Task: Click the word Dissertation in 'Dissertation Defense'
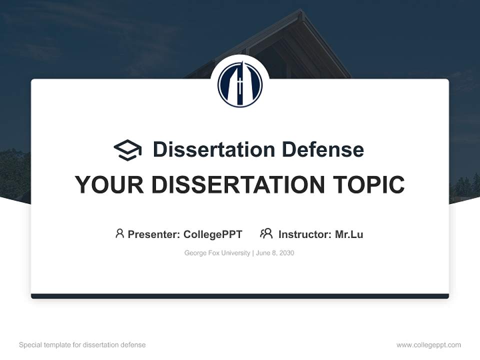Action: coord(214,149)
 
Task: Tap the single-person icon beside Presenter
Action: coord(119,233)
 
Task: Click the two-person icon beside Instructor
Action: coord(266,233)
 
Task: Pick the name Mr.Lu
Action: coord(349,234)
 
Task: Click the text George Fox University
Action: coord(217,253)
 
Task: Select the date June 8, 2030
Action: coord(275,253)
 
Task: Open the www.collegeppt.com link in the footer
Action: coord(428,345)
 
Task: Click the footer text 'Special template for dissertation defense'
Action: coord(82,345)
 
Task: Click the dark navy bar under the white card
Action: coord(240,296)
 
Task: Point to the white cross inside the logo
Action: coord(240,80)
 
